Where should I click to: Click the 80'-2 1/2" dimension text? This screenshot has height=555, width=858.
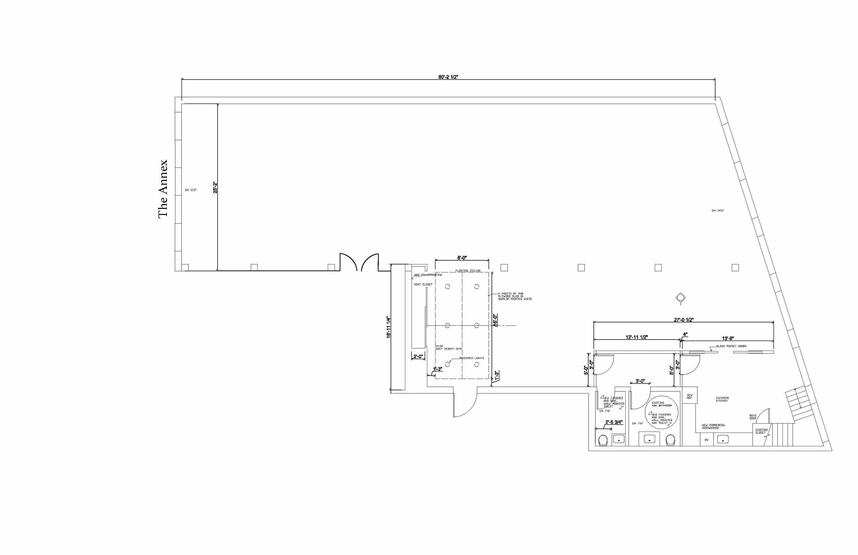click(x=448, y=77)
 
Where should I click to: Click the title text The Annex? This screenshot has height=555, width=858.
click(x=163, y=189)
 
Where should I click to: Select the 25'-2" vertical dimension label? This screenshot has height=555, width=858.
click(x=215, y=187)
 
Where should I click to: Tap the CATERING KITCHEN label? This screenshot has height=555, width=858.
click(x=722, y=399)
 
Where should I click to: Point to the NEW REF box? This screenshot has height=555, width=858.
click(x=689, y=397)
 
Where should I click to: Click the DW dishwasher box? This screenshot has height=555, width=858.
click(x=707, y=440)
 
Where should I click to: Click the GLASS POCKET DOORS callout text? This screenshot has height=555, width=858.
click(x=731, y=346)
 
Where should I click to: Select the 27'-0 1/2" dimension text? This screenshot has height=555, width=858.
click(x=684, y=319)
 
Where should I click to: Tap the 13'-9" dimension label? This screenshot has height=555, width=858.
click(x=728, y=338)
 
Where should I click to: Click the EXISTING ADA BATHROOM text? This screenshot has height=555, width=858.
click(x=662, y=404)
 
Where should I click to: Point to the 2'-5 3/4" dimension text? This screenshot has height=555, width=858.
click(x=614, y=422)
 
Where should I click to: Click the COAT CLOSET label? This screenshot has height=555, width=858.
click(x=423, y=284)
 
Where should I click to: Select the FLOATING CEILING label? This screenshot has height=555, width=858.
click(x=467, y=271)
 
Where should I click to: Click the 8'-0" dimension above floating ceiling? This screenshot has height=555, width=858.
click(x=462, y=258)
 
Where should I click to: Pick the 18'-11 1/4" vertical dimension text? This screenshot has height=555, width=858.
click(x=388, y=327)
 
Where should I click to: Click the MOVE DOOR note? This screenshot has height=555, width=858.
click(x=753, y=417)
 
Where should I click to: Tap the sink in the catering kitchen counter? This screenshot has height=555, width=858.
click(x=723, y=439)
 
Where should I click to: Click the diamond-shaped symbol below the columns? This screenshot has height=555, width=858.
click(x=680, y=298)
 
